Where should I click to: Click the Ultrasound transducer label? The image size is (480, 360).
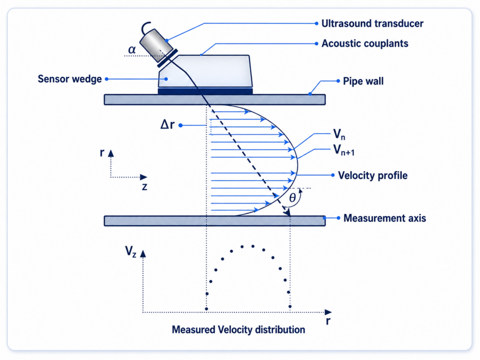(372, 23)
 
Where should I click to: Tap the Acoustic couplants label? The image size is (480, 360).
(365, 44)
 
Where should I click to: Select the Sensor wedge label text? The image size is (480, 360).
(70, 79)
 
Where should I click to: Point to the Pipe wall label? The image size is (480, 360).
(363, 81)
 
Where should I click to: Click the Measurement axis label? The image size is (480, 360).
(385, 218)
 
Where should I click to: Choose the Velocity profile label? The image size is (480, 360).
(373, 175)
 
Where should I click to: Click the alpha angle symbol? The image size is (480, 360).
(132, 49)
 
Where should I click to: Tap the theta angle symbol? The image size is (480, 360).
(292, 198)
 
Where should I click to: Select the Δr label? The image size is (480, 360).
(167, 125)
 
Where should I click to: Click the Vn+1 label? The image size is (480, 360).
(344, 150)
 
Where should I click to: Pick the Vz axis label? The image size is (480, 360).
(131, 251)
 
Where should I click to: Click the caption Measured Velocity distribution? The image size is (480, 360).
(239, 330)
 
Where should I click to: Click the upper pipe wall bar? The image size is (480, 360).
(215, 100)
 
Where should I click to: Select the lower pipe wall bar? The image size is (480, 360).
(215, 221)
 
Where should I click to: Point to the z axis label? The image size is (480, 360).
(144, 187)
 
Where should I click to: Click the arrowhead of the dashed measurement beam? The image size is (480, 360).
(287, 212)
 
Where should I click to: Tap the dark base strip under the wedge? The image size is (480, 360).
(205, 91)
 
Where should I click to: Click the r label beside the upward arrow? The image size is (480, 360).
(102, 152)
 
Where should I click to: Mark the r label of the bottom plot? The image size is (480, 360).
(328, 321)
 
